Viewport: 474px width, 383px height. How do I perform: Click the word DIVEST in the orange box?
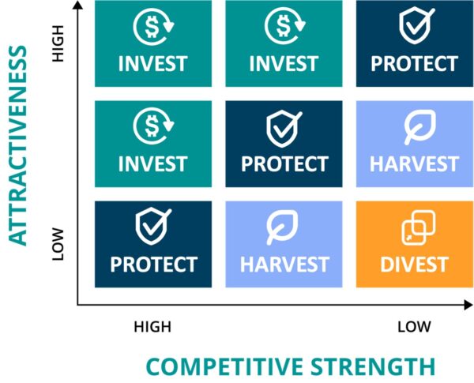(415, 265)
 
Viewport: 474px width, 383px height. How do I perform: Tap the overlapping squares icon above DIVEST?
(419, 227)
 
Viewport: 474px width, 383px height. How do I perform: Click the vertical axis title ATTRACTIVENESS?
(18, 145)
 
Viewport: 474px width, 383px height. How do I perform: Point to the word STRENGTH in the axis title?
(373, 366)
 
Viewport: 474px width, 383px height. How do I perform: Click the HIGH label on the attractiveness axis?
(58, 43)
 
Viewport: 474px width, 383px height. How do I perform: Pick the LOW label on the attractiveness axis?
(58, 244)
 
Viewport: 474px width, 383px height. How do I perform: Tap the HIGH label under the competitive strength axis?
(152, 327)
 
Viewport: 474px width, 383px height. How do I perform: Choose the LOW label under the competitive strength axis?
(414, 327)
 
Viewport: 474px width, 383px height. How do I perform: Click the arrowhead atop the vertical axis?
(78, 4)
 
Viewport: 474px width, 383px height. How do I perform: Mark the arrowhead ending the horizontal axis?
(468, 305)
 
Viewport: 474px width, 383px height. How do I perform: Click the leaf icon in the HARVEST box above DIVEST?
(420, 126)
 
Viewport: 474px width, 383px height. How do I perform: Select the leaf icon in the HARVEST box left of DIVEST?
(282, 227)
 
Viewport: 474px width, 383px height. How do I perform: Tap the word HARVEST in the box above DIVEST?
(415, 163)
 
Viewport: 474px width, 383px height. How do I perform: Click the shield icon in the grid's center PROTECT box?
(284, 128)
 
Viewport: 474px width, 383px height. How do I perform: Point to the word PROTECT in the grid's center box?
(284, 163)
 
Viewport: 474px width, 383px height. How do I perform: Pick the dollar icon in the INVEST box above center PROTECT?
(284, 26)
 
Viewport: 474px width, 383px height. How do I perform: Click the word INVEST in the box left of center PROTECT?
(153, 163)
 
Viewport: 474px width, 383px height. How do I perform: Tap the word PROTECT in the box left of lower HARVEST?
(153, 265)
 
